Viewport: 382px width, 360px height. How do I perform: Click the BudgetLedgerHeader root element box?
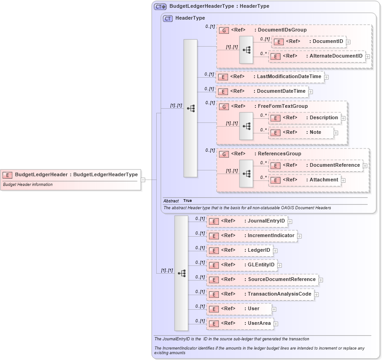pyautogui.click(x=71, y=175)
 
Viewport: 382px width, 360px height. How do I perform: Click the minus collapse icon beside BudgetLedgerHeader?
pyautogui.click(x=143, y=180)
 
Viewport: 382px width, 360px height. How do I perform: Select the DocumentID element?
pyautogui.click(x=308, y=42)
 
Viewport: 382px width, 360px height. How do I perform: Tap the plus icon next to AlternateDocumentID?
pyautogui.click(x=367, y=57)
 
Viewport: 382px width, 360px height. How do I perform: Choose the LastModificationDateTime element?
pyautogui.click(x=270, y=77)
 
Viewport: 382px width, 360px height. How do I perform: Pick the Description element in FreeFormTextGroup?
pyautogui.click(x=305, y=118)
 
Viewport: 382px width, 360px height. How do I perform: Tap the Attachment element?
pyautogui.click(x=304, y=180)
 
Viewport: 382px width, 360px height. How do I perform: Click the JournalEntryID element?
pyautogui.click(x=247, y=221)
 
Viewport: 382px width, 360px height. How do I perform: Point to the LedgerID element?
pyautogui.click(x=240, y=250)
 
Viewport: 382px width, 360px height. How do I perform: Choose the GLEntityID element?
pyautogui.click(x=242, y=265)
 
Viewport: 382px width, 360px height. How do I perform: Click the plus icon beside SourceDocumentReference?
pyautogui.click(x=321, y=280)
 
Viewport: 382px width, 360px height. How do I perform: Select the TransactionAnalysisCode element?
pyautogui.click(x=260, y=294)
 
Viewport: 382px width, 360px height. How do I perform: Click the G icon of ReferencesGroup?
pyautogui.click(x=223, y=154)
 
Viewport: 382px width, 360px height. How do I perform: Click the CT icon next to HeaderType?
pyautogui.click(x=168, y=18)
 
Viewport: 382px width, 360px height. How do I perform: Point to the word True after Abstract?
pyautogui.click(x=188, y=201)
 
